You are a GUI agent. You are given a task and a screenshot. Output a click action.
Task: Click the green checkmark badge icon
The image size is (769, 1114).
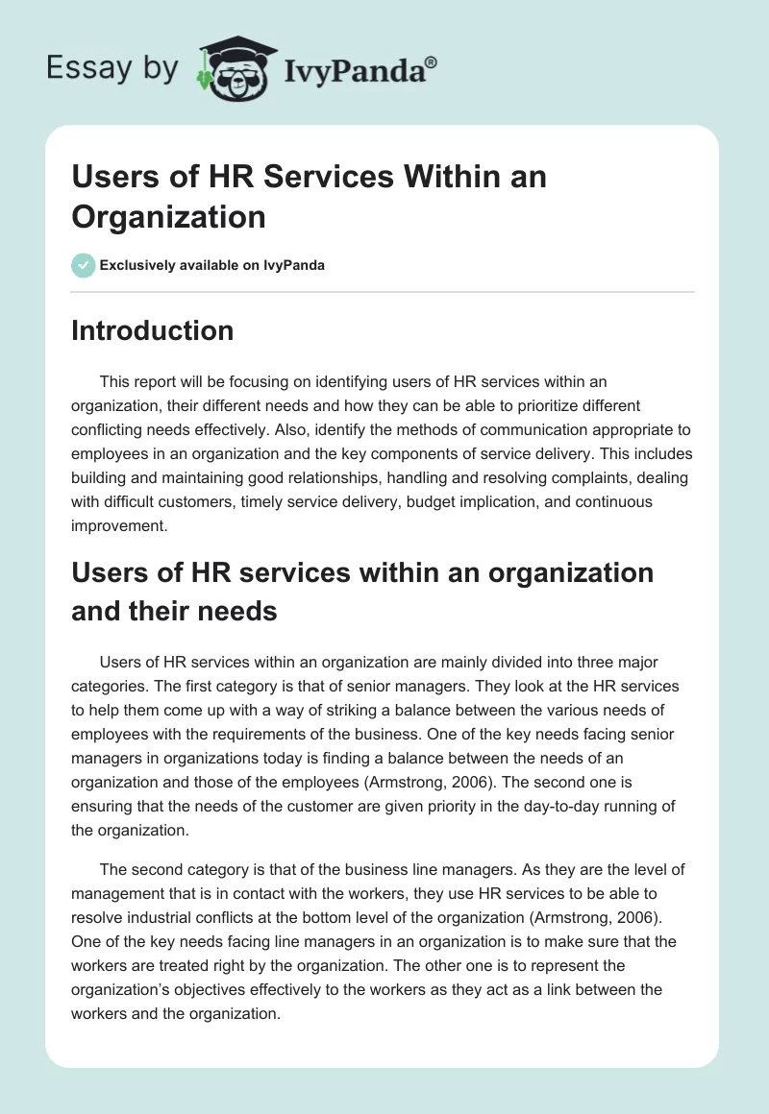[x=84, y=265]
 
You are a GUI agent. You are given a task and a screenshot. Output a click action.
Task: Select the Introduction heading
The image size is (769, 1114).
[x=152, y=330]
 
